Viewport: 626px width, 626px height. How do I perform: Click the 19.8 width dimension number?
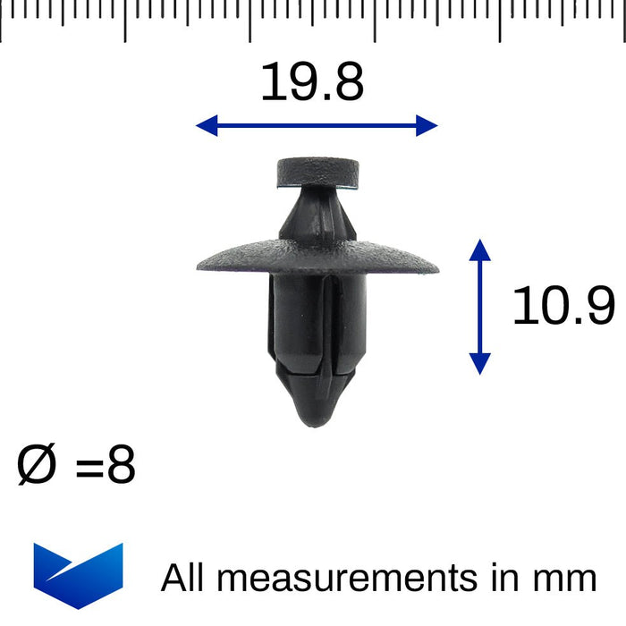(x=312, y=83)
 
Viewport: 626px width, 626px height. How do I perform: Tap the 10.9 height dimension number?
(x=563, y=306)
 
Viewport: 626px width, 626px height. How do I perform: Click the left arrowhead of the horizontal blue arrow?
(x=205, y=126)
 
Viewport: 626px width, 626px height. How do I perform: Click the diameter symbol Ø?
(x=38, y=467)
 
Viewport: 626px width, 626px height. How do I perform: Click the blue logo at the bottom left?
(x=78, y=574)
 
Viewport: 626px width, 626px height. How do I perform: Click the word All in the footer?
(x=183, y=579)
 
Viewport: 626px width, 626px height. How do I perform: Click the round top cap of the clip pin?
(x=318, y=170)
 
